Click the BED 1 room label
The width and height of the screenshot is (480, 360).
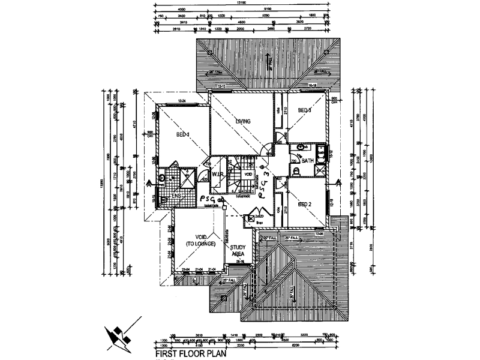[x=182, y=134]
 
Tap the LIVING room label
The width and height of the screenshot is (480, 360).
[x=242, y=122]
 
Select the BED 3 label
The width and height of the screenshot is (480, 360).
[x=305, y=110]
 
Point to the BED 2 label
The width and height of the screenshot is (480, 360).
[x=305, y=204]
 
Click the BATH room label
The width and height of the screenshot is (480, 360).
[x=308, y=161]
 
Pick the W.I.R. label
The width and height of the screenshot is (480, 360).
[x=217, y=175]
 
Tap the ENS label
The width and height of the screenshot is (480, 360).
[x=176, y=196]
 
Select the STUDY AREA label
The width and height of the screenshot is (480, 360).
[x=238, y=250]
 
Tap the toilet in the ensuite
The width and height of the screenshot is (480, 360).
[x=161, y=178]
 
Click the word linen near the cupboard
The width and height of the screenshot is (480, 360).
[x=259, y=223]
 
